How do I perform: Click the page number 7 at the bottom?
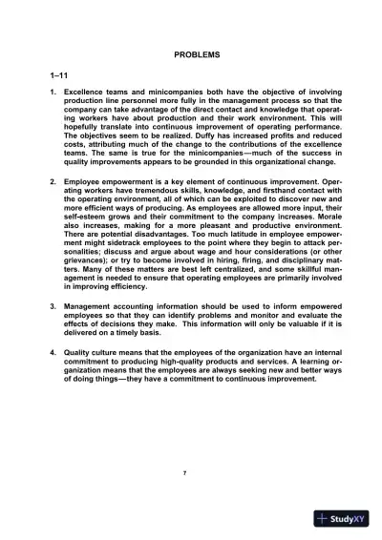tap(197, 471)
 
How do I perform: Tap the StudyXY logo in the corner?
tap(345, 519)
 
